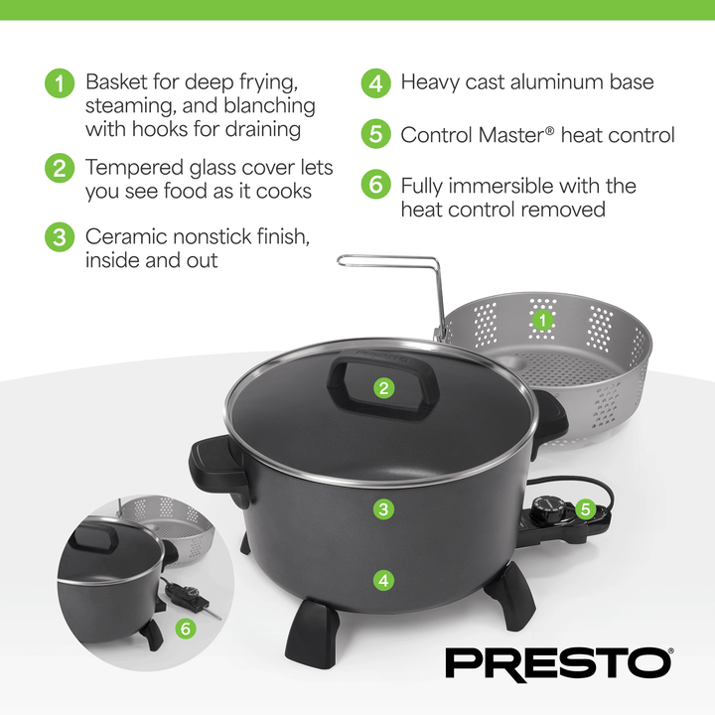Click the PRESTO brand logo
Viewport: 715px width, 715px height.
coord(558,662)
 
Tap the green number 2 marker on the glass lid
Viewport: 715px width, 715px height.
coord(383,388)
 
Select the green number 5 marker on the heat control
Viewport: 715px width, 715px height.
coord(585,509)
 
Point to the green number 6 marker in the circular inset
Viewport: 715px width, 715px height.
coord(185,629)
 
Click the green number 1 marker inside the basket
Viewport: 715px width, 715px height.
coord(542,320)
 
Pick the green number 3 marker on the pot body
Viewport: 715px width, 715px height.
coord(383,509)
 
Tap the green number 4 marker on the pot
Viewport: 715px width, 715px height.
coord(383,579)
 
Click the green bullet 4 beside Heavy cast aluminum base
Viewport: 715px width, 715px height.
coord(375,83)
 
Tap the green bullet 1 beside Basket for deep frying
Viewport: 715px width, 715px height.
coord(60,83)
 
